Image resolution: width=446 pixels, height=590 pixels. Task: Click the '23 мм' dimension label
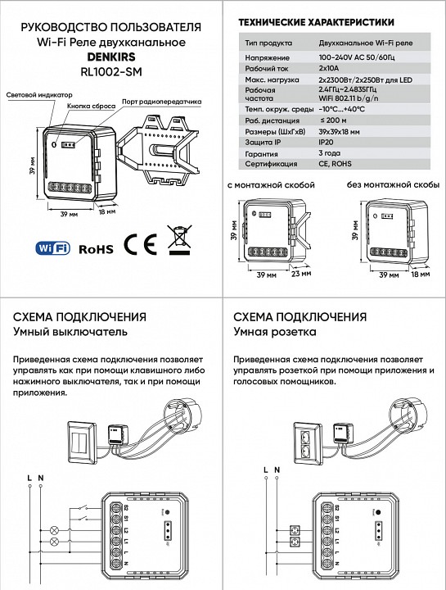[300, 275]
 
